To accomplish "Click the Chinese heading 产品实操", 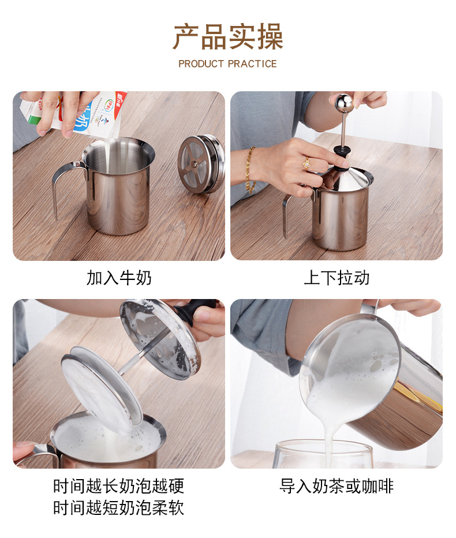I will click(228, 36).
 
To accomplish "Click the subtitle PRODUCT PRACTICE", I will click(227, 64).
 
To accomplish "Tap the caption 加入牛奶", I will click(119, 278).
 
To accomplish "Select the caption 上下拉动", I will click(337, 278).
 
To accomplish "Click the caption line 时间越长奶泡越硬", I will click(119, 485).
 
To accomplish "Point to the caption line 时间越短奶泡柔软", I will click(119, 507).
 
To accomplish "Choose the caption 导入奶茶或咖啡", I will click(337, 485).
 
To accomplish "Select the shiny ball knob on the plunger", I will click(344, 104).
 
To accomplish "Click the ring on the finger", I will click(307, 163).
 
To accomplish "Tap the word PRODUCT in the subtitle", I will click(200, 64).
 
